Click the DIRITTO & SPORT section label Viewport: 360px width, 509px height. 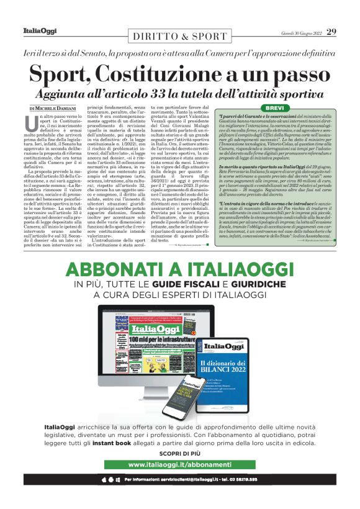click(x=179, y=36)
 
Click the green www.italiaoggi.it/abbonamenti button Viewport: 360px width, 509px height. click(x=179, y=464)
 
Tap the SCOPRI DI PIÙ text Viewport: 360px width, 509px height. click(x=179, y=451)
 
